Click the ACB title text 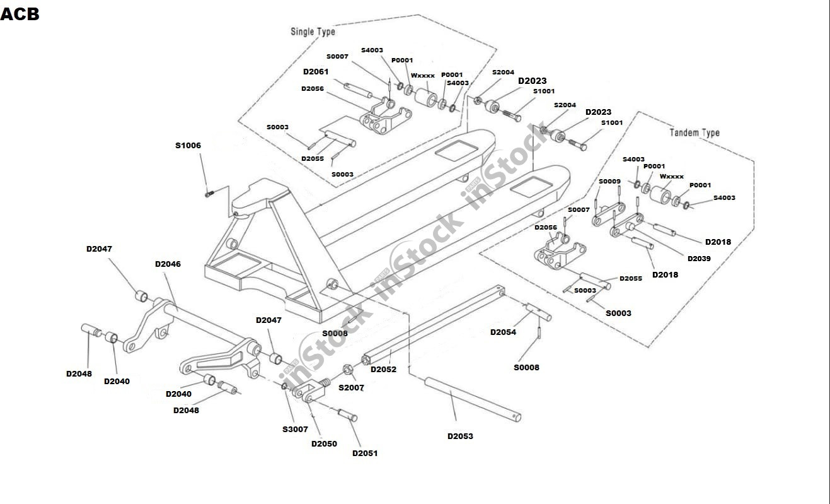20,15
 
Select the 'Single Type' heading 313,32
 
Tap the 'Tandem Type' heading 694,132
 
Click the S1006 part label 188,146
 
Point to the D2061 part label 316,72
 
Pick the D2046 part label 168,264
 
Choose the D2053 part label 460,436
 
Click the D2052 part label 383,370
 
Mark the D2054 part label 503,332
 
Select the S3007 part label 295,430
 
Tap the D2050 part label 324,443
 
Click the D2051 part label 365,453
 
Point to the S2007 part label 351,388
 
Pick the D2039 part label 699,259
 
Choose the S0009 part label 609,182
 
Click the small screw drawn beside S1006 210,194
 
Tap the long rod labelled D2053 472,397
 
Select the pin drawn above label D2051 348,414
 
